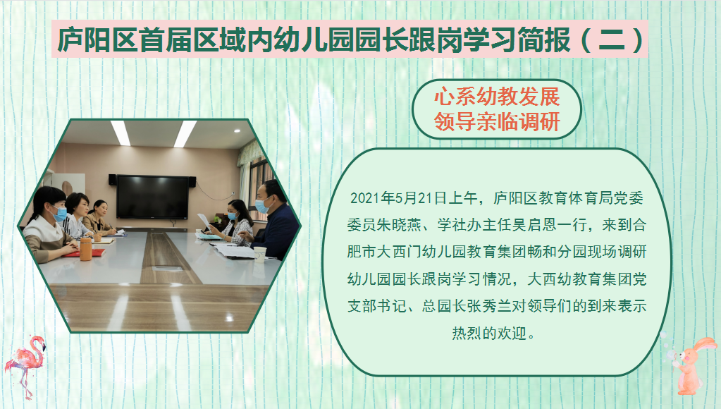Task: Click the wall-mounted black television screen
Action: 152,197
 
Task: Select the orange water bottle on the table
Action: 85,249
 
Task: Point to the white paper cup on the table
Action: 260,255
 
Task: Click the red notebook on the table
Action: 84,252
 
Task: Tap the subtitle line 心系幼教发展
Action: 497,97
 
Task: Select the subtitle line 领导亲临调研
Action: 497,122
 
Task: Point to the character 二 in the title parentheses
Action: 613,39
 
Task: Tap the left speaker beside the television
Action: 112,179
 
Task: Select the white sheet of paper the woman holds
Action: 204,221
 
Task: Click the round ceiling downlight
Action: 238,130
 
